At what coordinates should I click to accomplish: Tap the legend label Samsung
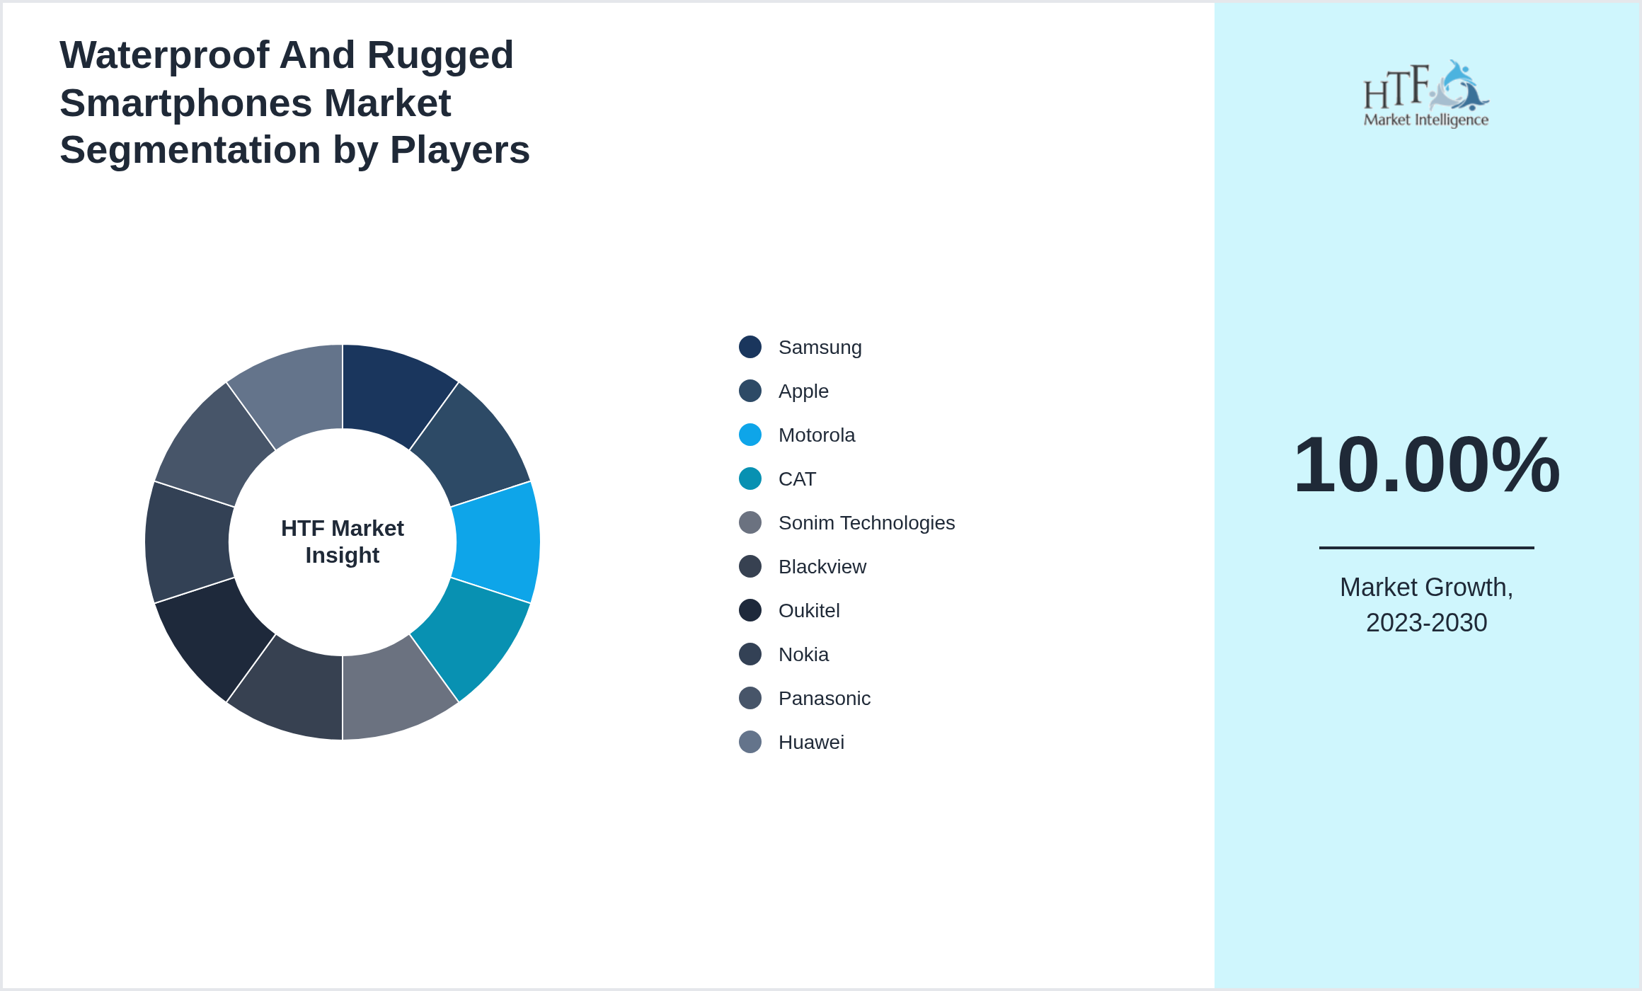(820, 348)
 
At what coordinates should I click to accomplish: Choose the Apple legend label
(803, 391)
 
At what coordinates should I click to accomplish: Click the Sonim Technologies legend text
(866, 523)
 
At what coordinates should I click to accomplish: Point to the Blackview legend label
(822, 567)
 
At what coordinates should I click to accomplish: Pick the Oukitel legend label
(809, 611)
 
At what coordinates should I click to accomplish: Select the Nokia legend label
(803, 655)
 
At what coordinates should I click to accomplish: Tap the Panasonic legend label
(824, 699)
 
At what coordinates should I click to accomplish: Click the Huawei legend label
(811, 743)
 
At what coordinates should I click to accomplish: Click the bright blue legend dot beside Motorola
(750, 435)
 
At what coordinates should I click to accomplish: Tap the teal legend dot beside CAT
(750, 479)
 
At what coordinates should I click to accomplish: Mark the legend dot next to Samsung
(750, 347)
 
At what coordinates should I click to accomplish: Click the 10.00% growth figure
(1426, 464)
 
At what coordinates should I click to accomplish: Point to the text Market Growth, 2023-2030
(1426, 605)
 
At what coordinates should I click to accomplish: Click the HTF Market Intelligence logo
(1426, 93)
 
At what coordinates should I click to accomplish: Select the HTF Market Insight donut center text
(343, 542)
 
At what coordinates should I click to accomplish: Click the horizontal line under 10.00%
(1426, 547)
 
